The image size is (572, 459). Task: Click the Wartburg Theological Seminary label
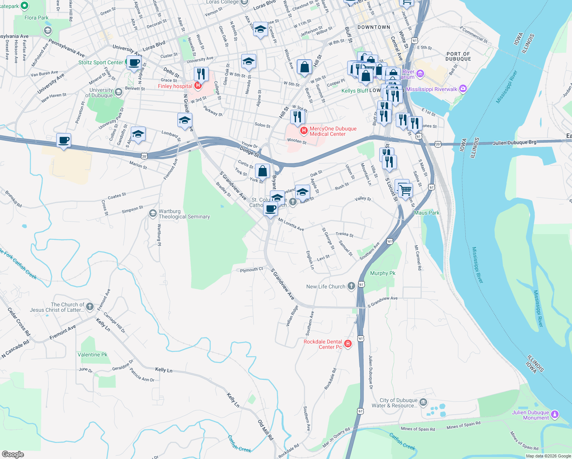(184, 214)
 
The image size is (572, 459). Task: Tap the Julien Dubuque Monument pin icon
(555, 415)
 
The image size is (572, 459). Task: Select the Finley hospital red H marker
(198, 86)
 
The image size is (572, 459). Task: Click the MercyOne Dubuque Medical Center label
(333, 131)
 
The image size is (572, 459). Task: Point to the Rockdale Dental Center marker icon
(348, 343)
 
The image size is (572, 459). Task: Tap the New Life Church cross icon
(351, 286)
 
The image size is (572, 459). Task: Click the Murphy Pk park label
(382, 273)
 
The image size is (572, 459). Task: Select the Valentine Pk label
(92, 355)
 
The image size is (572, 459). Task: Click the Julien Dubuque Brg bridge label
(514, 143)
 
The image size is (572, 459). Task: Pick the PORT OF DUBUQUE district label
(458, 57)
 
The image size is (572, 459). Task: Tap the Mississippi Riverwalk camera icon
(463, 89)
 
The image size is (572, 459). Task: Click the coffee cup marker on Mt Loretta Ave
(270, 210)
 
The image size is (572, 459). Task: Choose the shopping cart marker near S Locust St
(405, 190)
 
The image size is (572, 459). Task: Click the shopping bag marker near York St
(262, 171)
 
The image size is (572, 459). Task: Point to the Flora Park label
(36, 18)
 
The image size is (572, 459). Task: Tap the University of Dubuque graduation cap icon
(119, 92)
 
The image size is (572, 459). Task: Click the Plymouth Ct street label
(251, 270)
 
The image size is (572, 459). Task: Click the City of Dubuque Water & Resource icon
(423, 402)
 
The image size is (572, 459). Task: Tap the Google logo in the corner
(13, 454)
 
